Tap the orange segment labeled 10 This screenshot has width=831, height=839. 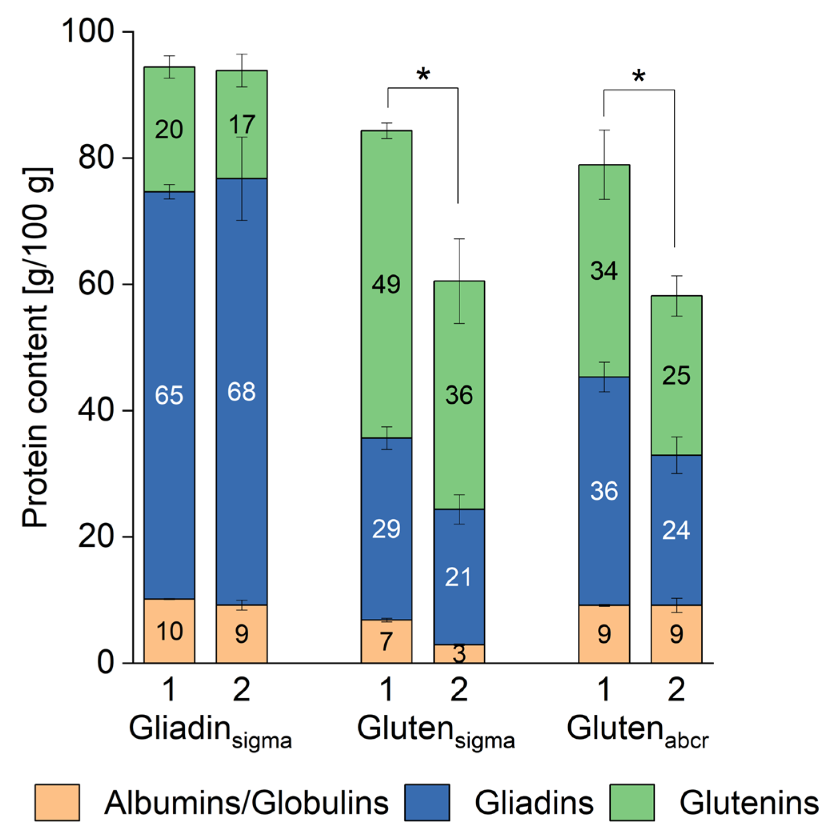(x=169, y=631)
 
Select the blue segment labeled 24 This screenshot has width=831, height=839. (x=676, y=530)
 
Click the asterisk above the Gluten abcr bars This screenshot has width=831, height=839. (x=639, y=77)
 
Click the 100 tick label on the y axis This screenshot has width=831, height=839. (x=87, y=31)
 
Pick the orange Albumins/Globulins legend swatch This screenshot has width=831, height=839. (x=57, y=803)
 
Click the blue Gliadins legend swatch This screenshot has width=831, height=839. (x=427, y=803)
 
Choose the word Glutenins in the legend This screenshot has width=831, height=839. (x=749, y=803)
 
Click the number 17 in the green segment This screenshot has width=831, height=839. (x=242, y=125)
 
